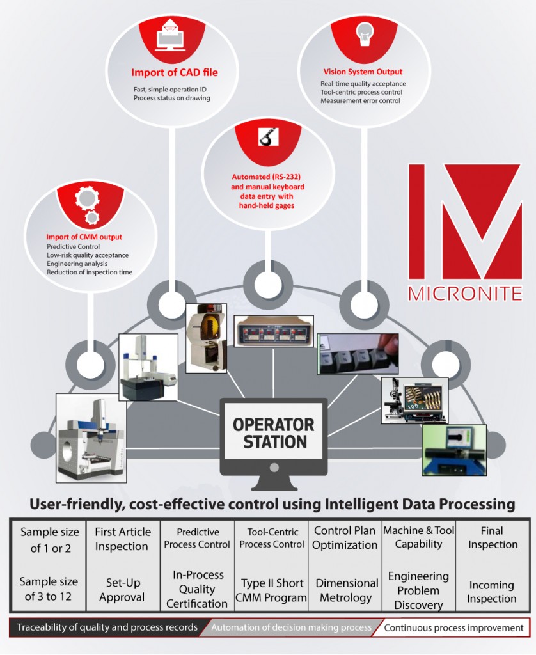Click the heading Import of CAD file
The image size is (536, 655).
click(175, 72)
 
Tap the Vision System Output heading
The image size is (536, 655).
click(362, 72)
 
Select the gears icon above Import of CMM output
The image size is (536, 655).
click(86, 203)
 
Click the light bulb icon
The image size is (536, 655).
click(363, 32)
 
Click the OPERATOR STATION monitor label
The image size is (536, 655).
click(273, 433)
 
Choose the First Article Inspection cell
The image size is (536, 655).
click(123, 539)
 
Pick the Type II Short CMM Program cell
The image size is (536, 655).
click(272, 590)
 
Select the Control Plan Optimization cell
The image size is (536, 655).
click(345, 538)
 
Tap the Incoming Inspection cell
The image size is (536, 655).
click(491, 592)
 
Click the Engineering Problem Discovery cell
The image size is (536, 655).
click(418, 590)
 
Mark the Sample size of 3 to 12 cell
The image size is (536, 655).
click(49, 589)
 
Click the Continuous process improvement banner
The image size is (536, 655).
click(453, 628)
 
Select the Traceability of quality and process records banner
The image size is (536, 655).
click(107, 627)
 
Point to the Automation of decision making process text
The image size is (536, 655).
click(291, 628)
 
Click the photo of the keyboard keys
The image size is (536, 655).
click(358, 353)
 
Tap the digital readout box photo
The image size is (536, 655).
click(273, 331)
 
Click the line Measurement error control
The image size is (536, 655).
click(360, 100)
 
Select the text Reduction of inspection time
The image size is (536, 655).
click(90, 272)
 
